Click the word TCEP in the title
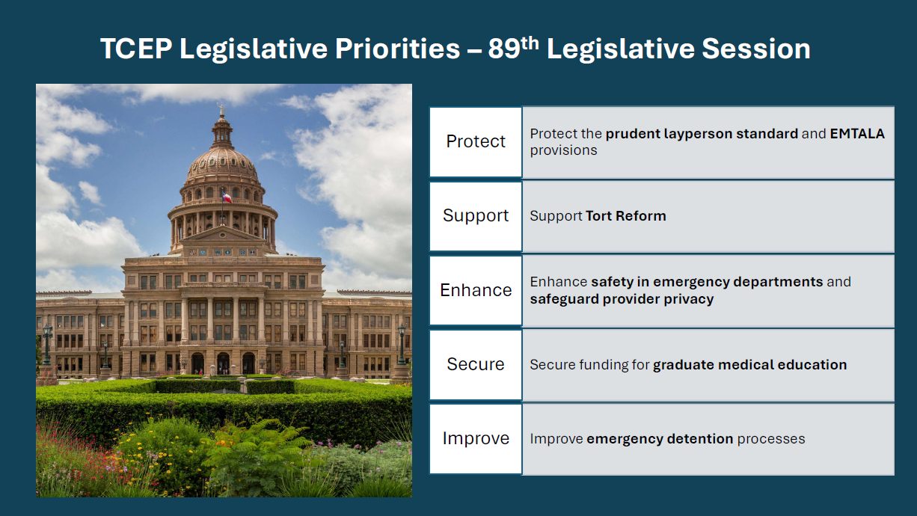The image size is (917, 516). pos(136,49)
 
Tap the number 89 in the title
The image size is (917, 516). pos(504,49)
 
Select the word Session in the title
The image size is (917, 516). pos(756,49)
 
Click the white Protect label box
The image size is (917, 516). pos(476,142)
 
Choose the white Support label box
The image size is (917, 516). pos(476,216)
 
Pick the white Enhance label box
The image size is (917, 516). pos(476,291)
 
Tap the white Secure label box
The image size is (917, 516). pos(476,365)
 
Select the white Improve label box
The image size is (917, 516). pos(476,439)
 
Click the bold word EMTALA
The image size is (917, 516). pos(857,134)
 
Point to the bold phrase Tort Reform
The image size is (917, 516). pos(626,215)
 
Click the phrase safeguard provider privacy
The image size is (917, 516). pos(622,299)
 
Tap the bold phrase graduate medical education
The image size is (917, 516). pos(750,365)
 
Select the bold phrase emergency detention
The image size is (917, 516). pos(660,439)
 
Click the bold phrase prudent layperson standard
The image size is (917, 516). pos(702,134)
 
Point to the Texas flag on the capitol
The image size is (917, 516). pos(227,197)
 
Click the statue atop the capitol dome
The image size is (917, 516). pos(221,110)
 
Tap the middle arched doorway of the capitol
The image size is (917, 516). pos(223,363)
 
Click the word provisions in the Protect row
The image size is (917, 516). pos(564,150)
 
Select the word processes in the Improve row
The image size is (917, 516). pos(771,439)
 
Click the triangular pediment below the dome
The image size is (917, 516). pos(222,234)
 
